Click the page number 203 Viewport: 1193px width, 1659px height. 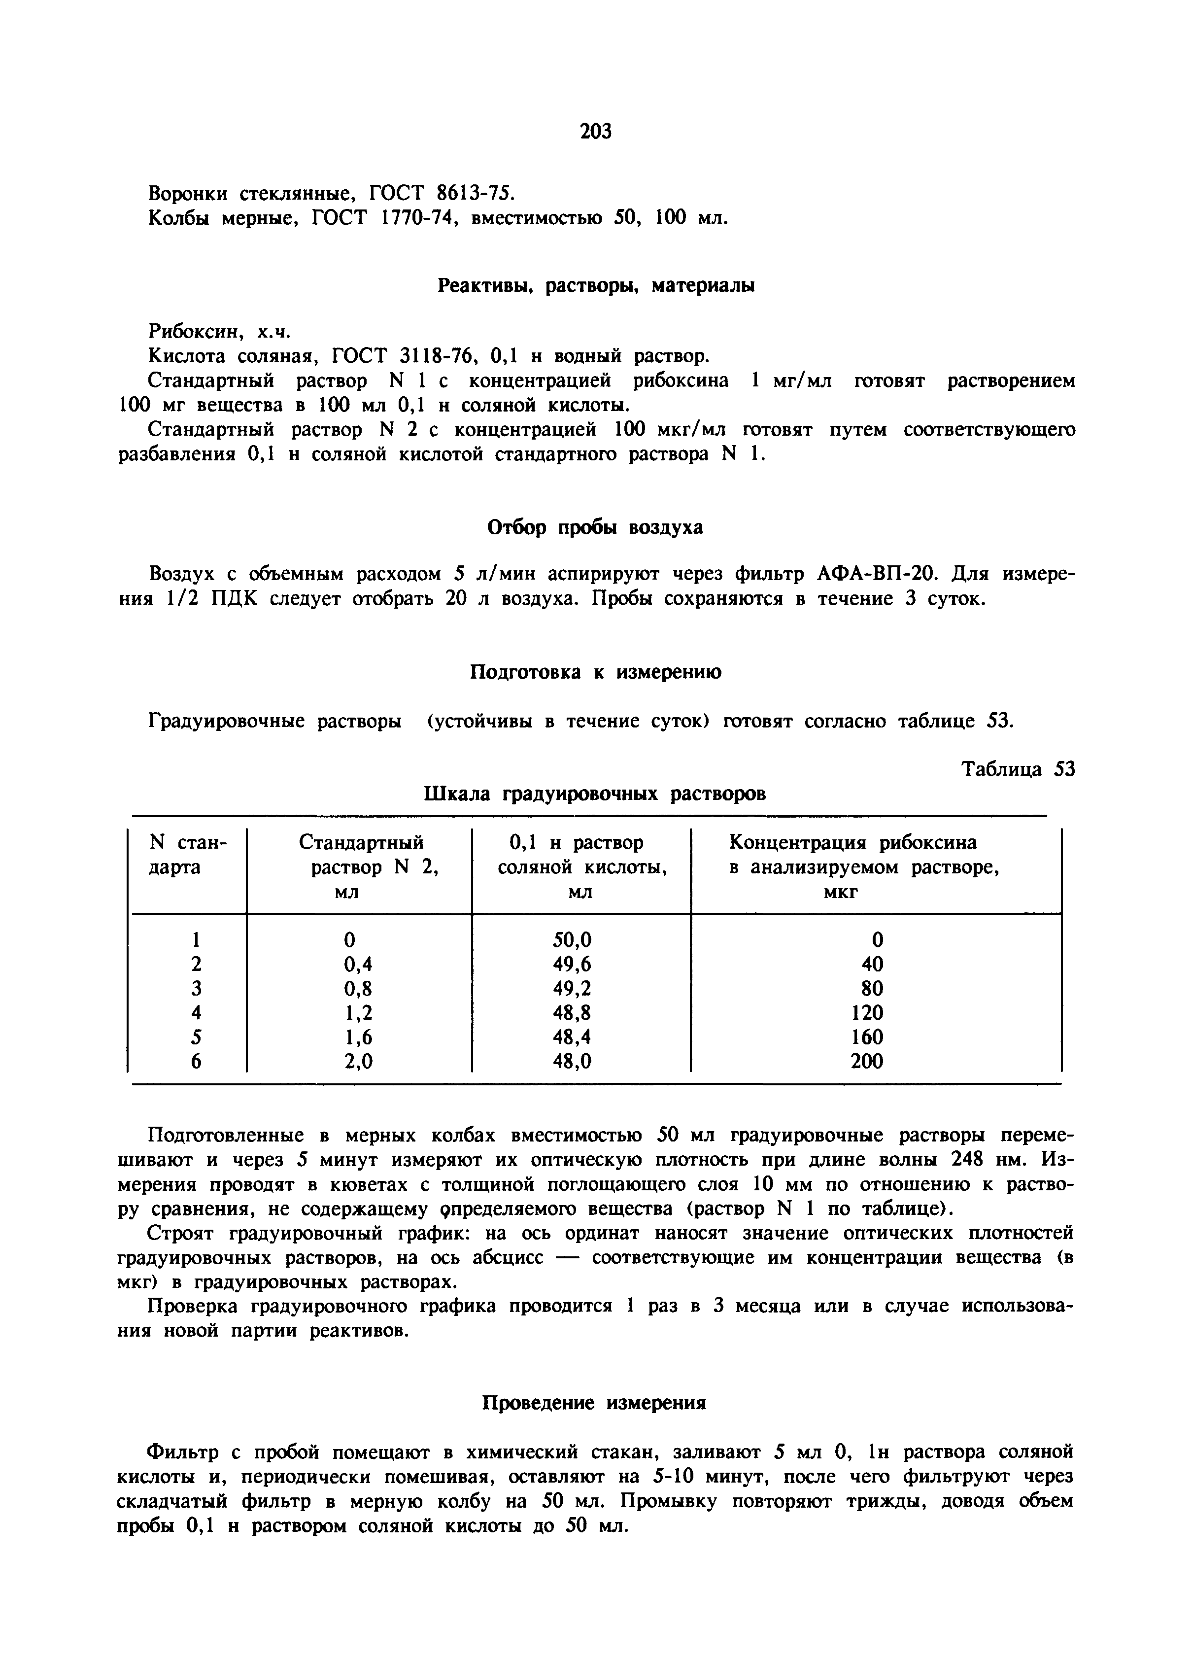click(595, 131)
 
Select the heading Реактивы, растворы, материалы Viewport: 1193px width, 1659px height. click(595, 286)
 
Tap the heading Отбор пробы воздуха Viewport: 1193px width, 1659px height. click(595, 527)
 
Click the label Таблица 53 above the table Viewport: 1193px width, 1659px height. click(1018, 769)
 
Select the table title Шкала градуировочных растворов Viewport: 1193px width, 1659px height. click(595, 794)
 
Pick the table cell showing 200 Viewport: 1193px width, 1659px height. click(867, 1061)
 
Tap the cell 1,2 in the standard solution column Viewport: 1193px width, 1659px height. click(358, 1012)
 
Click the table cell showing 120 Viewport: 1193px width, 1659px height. click(867, 1012)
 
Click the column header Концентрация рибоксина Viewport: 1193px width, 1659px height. click(852, 843)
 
